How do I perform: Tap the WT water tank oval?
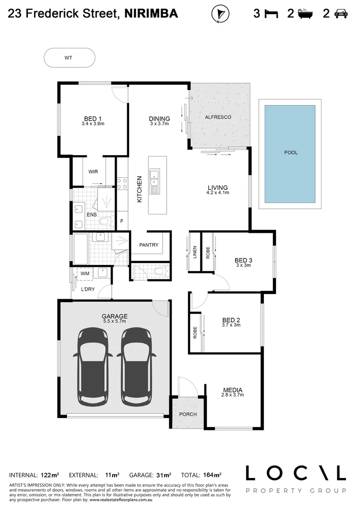(x=69, y=58)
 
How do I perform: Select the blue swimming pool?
(x=290, y=153)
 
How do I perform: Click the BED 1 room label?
(x=93, y=119)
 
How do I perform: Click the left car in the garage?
(x=93, y=366)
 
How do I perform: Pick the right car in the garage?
(x=136, y=366)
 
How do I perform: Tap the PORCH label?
(x=188, y=414)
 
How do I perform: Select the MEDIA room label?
(x=233, y=390)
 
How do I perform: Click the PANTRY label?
(x=148, y=245)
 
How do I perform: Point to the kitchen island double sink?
(x=155, y=179)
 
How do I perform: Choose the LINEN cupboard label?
(x=195, y=253)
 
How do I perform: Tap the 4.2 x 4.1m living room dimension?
(x=218, y=193)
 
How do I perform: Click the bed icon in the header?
(x=271, y=14)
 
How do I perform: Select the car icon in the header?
(x=341, y=14)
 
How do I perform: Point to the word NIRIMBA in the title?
(x=151, y=14)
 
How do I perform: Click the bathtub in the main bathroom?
(x=80, y=249)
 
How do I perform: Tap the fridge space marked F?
(x=122, y=221)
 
